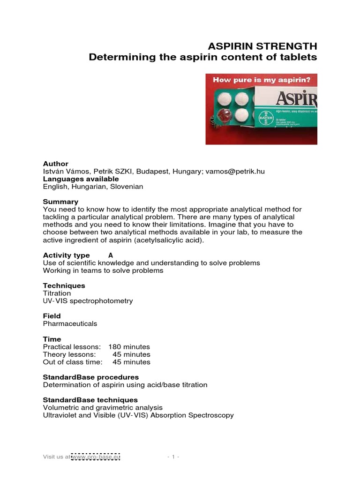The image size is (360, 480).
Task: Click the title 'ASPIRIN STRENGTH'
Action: tap(262, 46)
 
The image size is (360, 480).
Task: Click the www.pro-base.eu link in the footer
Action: tap(96, 456)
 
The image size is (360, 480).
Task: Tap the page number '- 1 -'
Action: tap(173, 456)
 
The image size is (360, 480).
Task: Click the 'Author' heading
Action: tap(56, 164)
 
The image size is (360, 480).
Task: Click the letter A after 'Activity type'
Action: tap(111, 255)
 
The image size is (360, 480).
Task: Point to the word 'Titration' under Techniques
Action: tap(57, 293)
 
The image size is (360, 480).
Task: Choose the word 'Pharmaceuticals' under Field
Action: tap(70, 323)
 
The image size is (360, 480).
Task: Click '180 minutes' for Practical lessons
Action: tap(129, 347)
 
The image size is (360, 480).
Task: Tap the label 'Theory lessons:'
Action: tap(69, 354)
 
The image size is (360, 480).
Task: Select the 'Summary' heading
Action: tap(61, 202)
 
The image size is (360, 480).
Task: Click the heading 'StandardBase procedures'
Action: tap(91, 377)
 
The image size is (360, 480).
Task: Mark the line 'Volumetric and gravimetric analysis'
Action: tap(103, 407)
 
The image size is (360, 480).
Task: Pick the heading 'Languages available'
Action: tap(81, 179)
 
